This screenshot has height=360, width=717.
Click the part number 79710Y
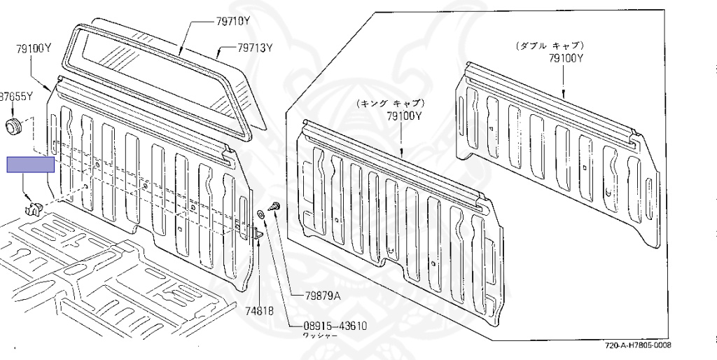coord(232,22)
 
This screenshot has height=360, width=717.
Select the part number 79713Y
coord(254,48)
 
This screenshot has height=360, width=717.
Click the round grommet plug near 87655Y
coord(13,127)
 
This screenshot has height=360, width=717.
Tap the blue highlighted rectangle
coord(30,165)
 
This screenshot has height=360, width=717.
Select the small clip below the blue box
coord(34,207)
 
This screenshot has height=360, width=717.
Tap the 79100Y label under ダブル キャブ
coord(566,59)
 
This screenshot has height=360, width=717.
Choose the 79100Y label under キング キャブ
coord(404,116)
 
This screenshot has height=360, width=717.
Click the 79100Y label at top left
coord(34,48)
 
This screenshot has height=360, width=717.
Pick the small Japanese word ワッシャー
coord(319,337)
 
